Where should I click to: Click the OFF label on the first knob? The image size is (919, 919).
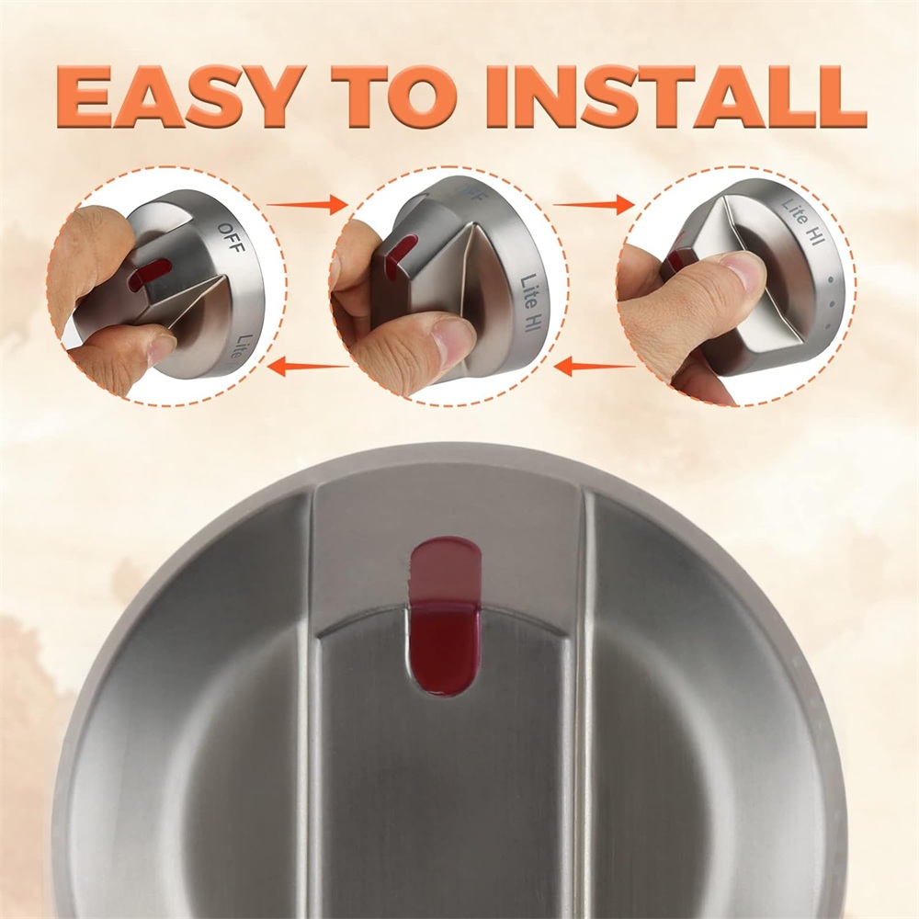click(231, 238)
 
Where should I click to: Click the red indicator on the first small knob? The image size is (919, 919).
click(152, 274)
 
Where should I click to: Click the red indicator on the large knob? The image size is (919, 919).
click(444, 618)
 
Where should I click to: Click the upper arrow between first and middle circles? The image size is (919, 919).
click(307, 205)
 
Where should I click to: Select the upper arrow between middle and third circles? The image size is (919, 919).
click(594, 205)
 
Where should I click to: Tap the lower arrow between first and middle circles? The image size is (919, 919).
click(308, 368)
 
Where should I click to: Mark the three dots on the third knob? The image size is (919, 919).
click(828, 302)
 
